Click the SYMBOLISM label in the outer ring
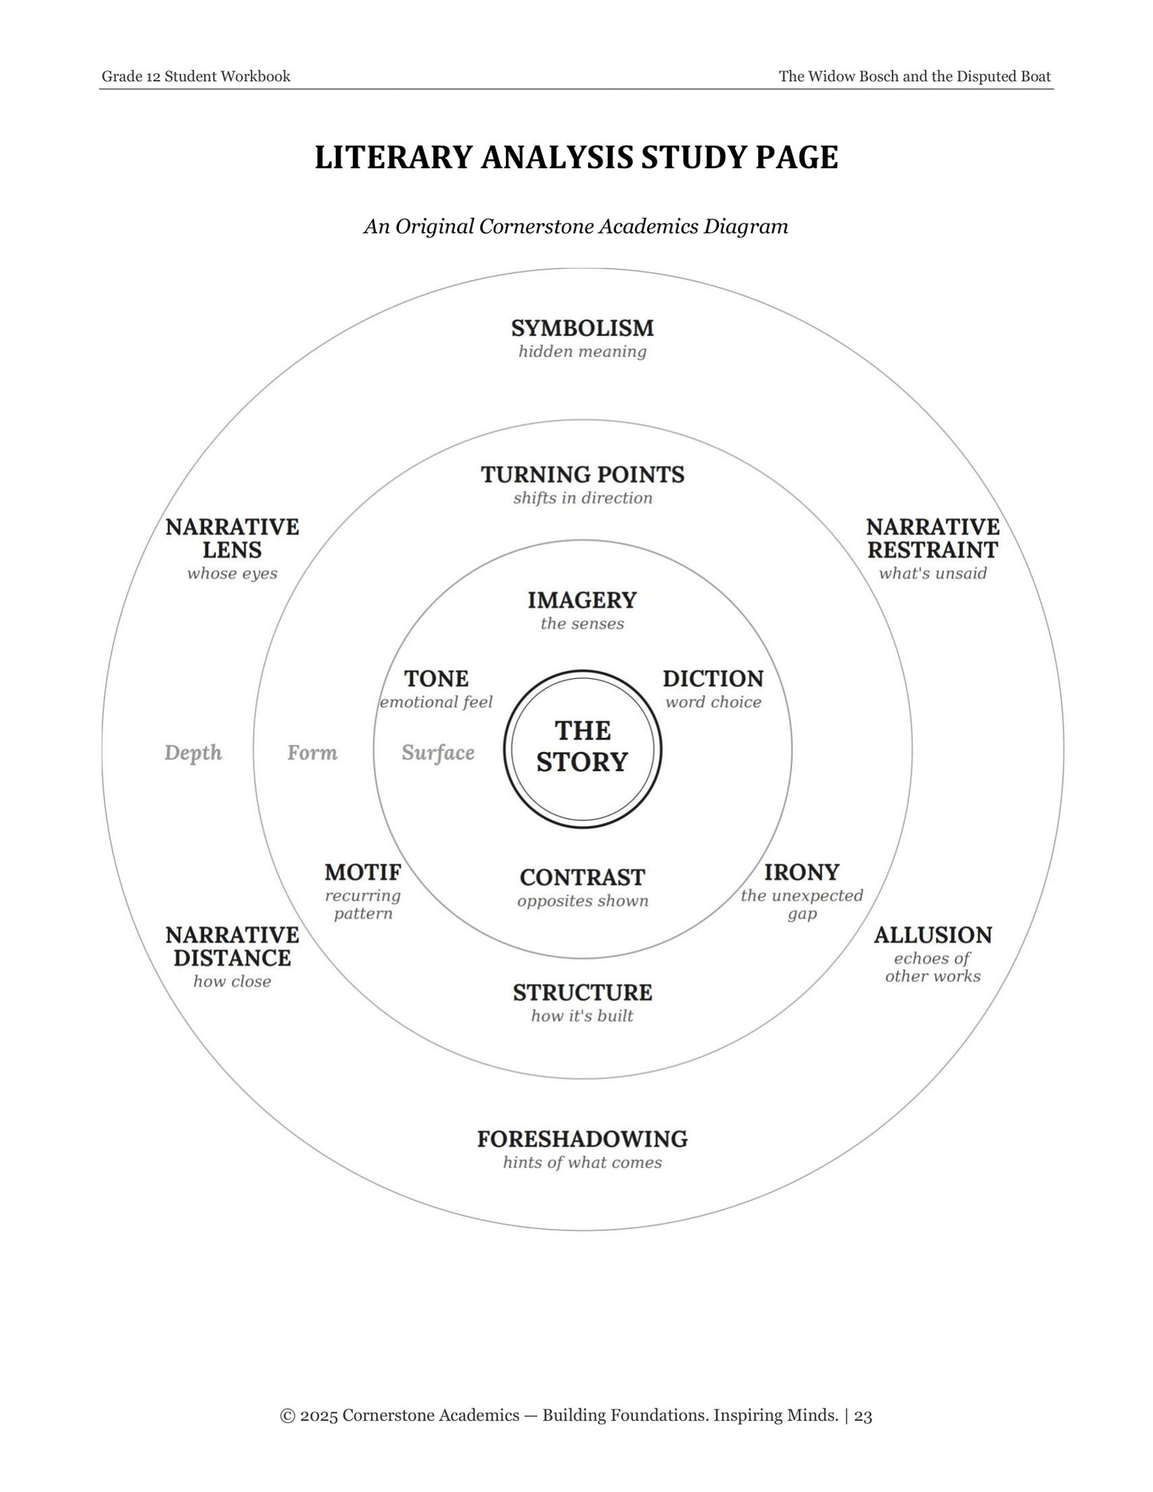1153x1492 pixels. [582, 328]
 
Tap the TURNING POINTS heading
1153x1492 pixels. [582, 475]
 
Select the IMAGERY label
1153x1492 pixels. [582, 600]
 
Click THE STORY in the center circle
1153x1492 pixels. [582, 746]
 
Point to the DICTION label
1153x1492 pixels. [713, 679]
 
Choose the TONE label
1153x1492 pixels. [436, 679]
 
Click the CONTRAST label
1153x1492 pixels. [582, 878]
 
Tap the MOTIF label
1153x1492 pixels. [363, 872]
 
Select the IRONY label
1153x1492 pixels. [802, 872]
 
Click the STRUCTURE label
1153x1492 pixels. [582, 993]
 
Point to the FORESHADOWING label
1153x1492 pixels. [582, 1139]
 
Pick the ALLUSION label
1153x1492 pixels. [933, 935]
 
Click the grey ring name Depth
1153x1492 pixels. [193, 753]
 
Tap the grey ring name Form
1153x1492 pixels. [312, 753]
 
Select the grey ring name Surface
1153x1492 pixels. [438, 753]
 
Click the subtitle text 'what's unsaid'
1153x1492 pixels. [933, 574]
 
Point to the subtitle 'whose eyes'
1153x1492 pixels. [232, 574]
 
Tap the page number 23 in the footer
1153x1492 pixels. [863, 1415]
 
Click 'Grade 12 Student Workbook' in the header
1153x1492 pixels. [196, 77]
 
